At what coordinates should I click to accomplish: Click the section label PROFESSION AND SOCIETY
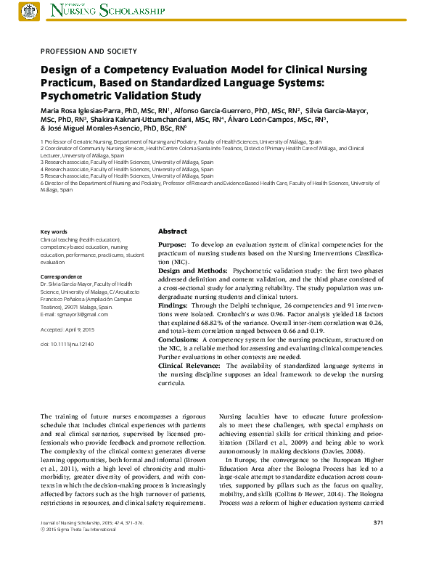click(x=88, y=51)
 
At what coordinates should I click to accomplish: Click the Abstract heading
click(x=173, y=231)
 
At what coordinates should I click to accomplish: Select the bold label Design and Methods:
click(x=192, y=270)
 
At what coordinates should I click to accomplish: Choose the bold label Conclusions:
click(x=178, y=339)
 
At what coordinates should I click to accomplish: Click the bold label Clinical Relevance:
click(x=190, y=366)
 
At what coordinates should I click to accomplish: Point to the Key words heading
click(x=54, y=231)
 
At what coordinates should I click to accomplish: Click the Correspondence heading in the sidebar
click(x=62, y=276)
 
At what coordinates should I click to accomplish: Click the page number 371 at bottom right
click(x=378, y=543)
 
